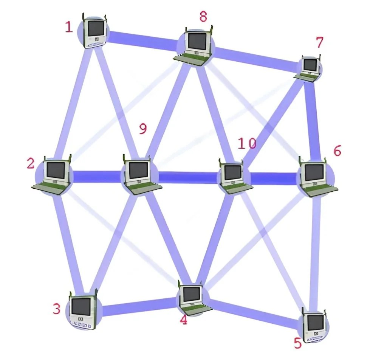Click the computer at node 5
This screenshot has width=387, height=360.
[315, 324]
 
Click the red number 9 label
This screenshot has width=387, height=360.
[142, 129]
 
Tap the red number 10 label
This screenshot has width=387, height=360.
[247, 143]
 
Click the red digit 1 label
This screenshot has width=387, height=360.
[68, 27]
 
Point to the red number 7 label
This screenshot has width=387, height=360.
[319, 43]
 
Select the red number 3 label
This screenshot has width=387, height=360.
[57, 309]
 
